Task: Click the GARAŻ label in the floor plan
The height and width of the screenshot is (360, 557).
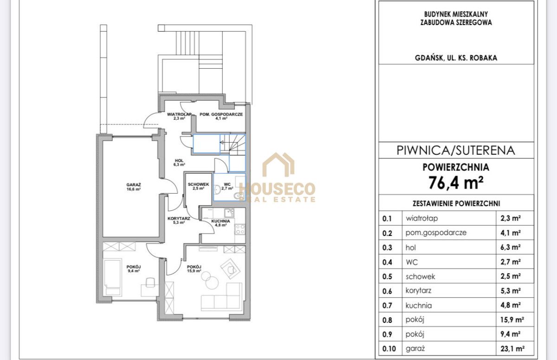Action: (134, 185)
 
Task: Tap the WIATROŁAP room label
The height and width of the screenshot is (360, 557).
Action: (179, 114)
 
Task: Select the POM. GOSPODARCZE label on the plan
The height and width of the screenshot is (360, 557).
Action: (221, 114)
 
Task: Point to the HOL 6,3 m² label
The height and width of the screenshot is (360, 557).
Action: (179, 163)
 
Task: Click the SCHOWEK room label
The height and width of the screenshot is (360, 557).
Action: (198, 184)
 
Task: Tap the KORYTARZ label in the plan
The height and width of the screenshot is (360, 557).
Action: (179, 218)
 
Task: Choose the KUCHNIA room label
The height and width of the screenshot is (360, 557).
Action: (220, 221)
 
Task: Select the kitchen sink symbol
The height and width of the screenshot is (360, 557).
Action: (229, 213)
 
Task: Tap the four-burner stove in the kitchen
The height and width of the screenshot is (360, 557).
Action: (240, 229)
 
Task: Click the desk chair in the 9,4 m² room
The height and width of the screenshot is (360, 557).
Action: (150, 282)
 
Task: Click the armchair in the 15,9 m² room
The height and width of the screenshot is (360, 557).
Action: (230, 268)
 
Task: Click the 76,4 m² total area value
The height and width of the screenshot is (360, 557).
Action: (456, 183)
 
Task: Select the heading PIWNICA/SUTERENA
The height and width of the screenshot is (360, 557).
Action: (455, 151)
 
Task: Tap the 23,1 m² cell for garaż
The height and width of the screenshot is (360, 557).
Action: (512, 348)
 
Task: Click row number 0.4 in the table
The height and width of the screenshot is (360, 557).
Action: (387, 262)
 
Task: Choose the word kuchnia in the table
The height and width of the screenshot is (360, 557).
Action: (419, 305)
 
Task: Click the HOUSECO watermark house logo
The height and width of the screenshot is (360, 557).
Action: (278, 164)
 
